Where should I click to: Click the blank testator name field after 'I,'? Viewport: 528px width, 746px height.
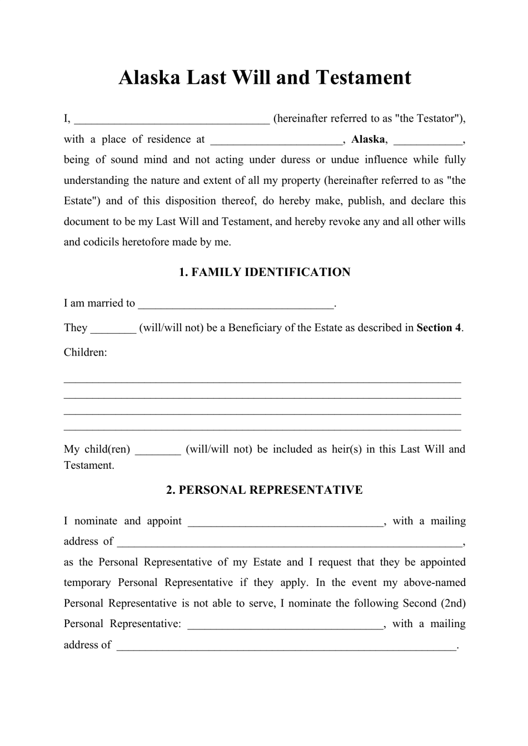pyautogui.click(x=172, y=119)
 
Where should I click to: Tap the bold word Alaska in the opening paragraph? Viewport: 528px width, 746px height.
pyautogui.click(x=368, y=139)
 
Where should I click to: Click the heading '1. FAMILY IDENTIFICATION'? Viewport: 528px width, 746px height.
pyautogui.click(x=265, y=272)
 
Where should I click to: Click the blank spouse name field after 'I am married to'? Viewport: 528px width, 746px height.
pyautogui.click(x=236, y=304)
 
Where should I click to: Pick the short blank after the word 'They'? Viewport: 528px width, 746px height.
pyautogui.click(x=113, y=328)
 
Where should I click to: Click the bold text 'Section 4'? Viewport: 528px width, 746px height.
pyautogui.click(x=439, y=328)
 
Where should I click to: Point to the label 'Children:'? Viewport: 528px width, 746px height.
pyautogui.click(x=86, y=352)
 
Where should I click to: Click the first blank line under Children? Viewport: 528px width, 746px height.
pyautogui.click(x=262, y=381)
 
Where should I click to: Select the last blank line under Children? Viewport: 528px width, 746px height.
pyautogui.click(x=262, y=429)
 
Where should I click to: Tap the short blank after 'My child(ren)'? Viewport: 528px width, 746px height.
pyautogui.click(x=158, y=450)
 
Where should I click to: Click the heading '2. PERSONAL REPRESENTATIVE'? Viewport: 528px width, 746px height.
pyautogui.click(x=265, y=490)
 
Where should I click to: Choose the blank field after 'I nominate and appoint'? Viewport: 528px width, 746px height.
pyautogui.click(x=286, y=522)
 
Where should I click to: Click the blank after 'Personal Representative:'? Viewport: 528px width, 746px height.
pyautogui.click(x=286, y=624)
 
